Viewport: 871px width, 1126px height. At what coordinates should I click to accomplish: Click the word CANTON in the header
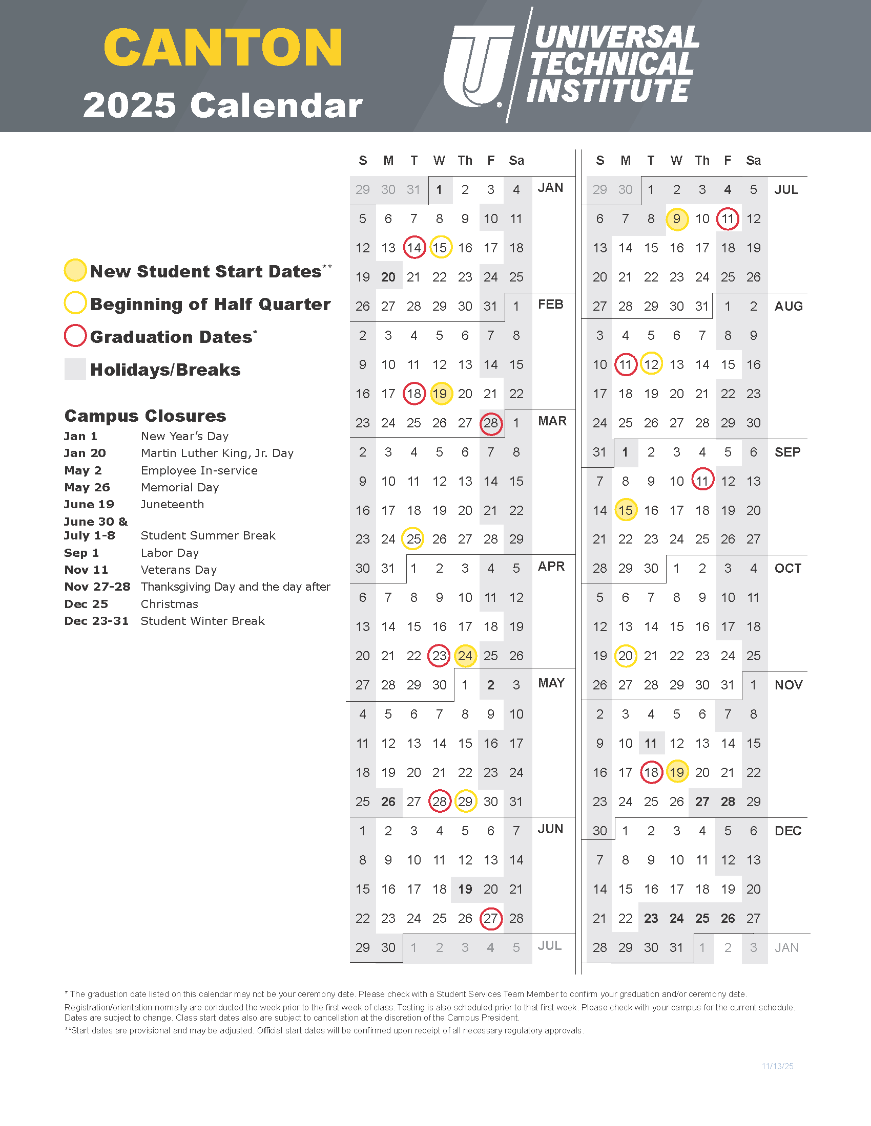point(223,48)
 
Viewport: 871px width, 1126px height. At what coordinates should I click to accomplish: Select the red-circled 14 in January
point(414,248)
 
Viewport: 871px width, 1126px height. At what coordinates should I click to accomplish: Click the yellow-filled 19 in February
point(440,394)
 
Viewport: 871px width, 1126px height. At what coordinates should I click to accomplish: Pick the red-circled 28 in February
point(491,423)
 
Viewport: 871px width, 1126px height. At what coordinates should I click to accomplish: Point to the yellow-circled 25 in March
point(413,539)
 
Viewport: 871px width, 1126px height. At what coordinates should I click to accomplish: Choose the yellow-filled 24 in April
point(465,656)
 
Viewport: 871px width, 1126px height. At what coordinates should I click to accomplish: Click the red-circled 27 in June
point(491,918)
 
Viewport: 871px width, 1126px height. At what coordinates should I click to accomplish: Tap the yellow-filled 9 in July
point(676,219)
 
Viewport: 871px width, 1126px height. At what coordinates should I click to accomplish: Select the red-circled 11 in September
point(702,481)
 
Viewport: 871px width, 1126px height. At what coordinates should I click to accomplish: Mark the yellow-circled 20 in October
point(626,656)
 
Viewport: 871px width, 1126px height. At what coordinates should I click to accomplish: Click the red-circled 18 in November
point(651,772)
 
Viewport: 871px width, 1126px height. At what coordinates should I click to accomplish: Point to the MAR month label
point(552,421)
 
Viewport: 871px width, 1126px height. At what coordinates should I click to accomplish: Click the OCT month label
point(787,569)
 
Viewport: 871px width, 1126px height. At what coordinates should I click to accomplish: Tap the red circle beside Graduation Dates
point(75,336)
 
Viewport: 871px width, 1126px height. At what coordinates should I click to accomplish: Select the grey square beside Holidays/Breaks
point(75,369)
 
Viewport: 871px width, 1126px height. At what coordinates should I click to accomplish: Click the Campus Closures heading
point(145,416)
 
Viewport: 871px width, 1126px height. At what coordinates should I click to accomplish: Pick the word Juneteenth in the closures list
point(172,504)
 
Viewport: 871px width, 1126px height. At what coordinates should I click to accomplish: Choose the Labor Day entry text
point(170,553)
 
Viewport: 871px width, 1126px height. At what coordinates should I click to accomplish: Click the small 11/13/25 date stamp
point(777,1066)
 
